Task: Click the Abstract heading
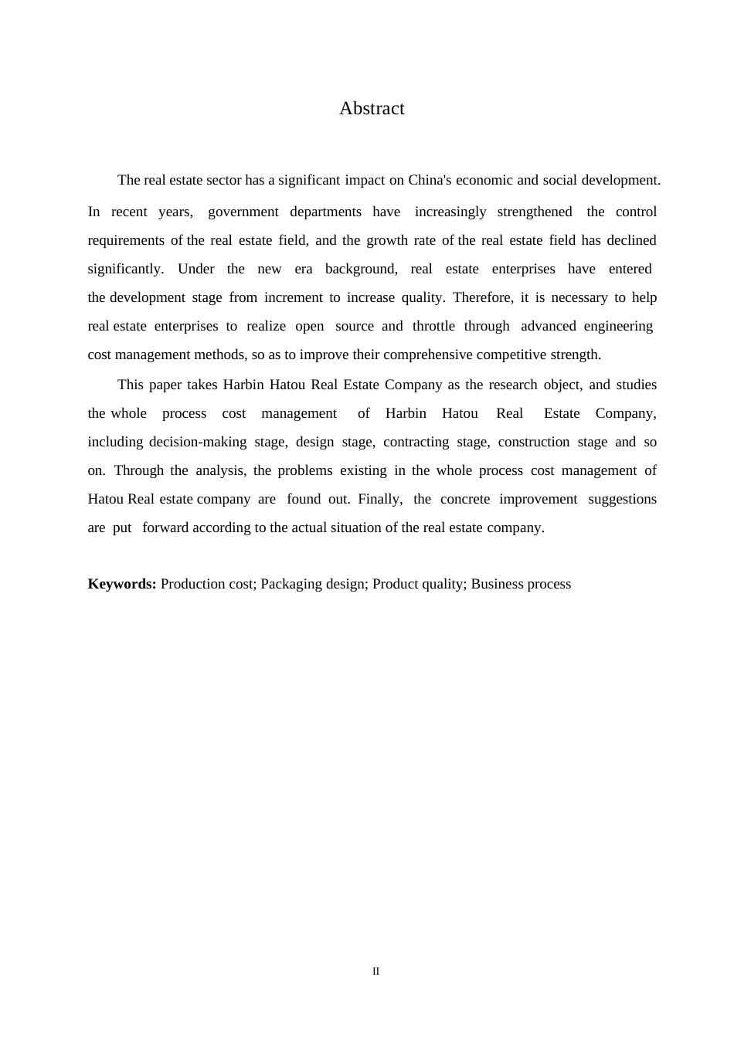point(372,109)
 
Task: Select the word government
point(242,212)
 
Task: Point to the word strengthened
point(534,212)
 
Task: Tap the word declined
point(631,241)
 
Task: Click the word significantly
point(124,270)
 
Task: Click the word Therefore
point(481,298)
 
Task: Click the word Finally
point(379,500)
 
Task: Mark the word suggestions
point(622,500)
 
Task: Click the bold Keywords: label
point(122,585)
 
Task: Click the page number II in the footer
point(375,972)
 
